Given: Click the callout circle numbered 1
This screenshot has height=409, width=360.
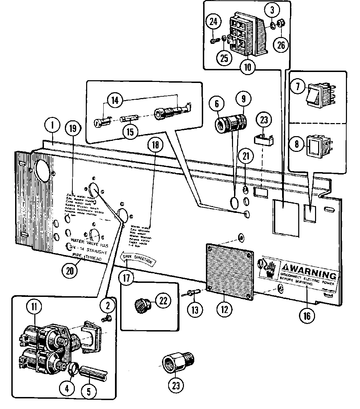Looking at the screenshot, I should [x=53, y=126].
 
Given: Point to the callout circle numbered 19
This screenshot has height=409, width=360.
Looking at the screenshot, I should [x=73, y=129].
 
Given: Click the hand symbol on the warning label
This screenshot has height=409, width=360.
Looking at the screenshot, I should [x=269, y=268].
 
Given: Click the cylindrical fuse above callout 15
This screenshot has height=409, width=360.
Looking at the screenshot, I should [x=129, y=119].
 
